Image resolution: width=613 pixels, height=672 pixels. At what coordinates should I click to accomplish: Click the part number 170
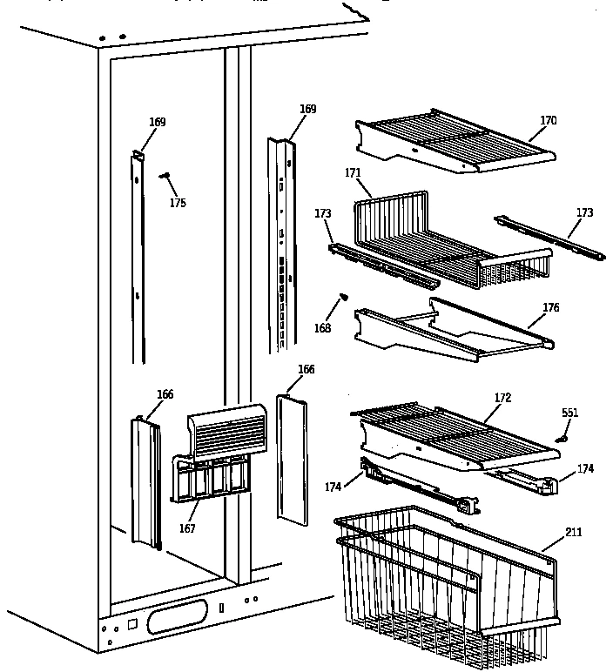[x=548, y=121]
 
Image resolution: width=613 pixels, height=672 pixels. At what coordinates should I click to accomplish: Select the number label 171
[x=353, y=174]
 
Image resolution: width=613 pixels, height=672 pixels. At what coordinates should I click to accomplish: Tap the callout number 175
[x=178, y=203]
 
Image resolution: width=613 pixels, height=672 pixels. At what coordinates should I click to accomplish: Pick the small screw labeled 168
[x=342, y=297]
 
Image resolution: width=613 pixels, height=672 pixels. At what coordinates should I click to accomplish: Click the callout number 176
[x=550, y=308]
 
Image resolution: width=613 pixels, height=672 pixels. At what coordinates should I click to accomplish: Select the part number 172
[x=502, y=397]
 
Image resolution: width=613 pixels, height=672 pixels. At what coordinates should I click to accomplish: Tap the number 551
[x=569, y=413]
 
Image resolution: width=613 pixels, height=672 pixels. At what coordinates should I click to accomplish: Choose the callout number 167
[x=187, y=528]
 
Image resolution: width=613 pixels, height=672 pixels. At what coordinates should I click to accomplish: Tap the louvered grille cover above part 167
[x=226, y=431]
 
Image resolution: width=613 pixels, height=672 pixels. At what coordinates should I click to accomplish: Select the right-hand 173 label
[x=584, y=212]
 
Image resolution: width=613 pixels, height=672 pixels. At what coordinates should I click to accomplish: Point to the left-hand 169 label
[x=157, y=122]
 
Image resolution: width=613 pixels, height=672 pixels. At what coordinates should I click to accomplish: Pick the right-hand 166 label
[x=306, y=369]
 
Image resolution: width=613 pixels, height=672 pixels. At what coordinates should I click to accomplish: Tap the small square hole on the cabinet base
[x=132, y=623]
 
